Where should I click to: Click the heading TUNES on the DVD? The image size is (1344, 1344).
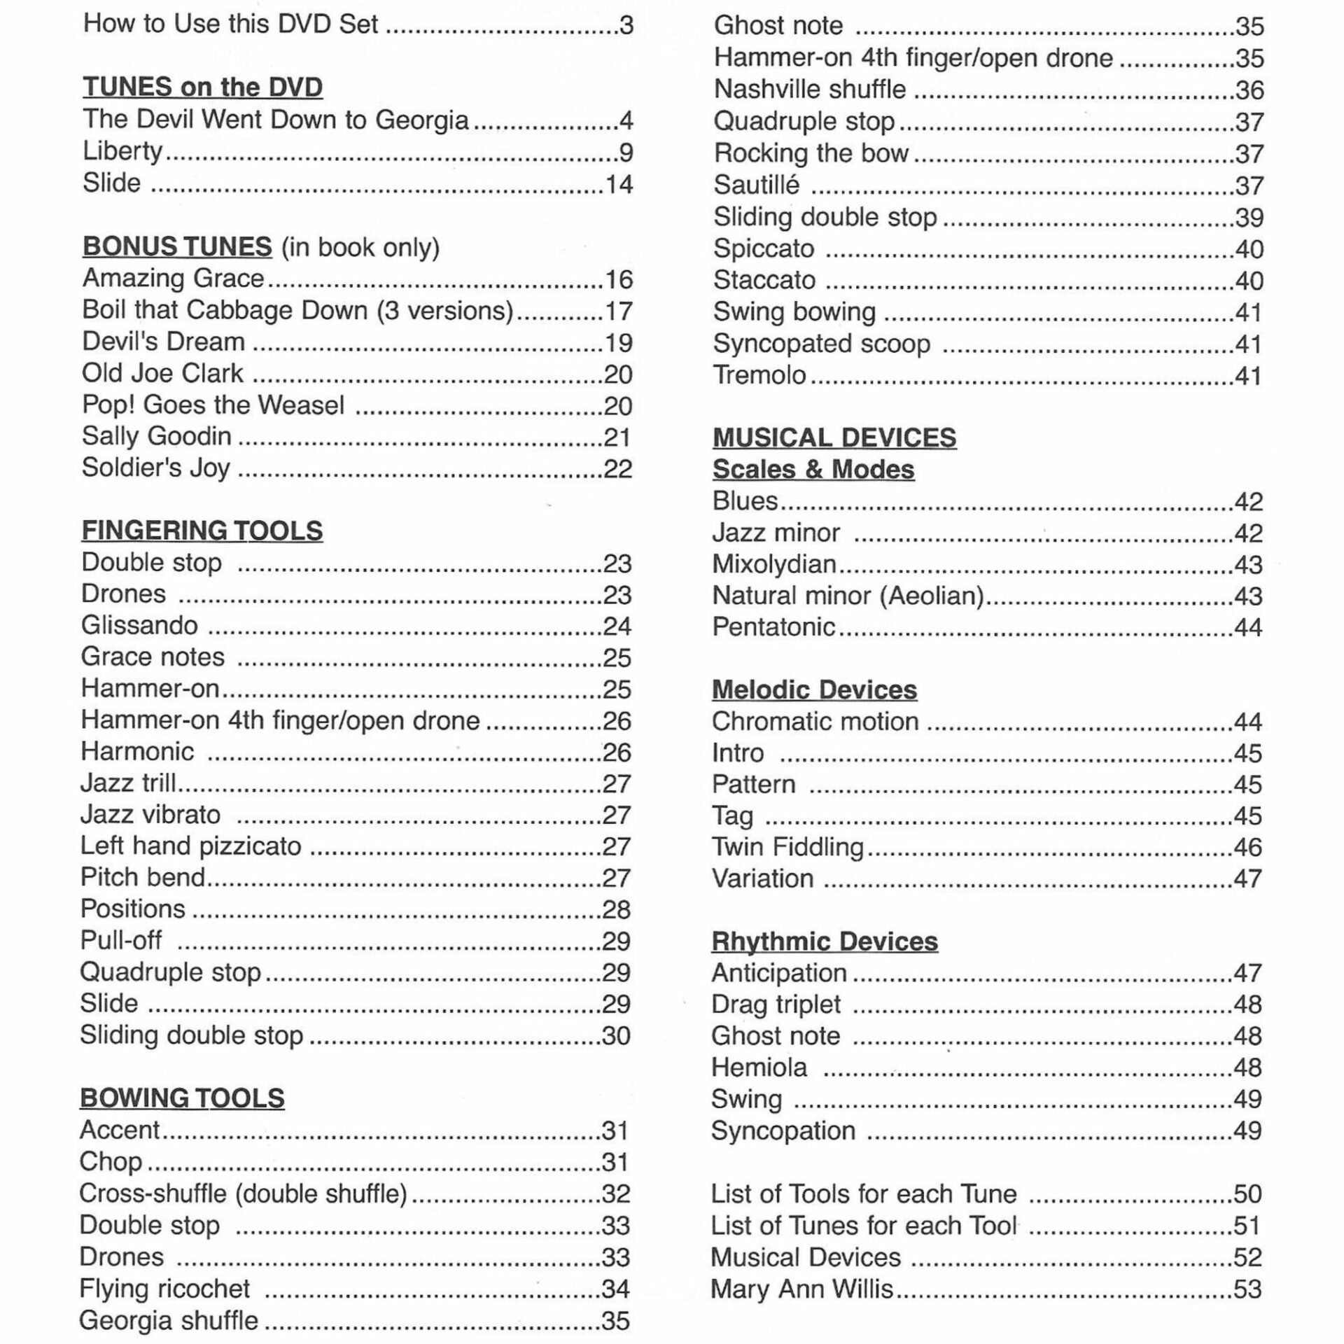click(202, 87)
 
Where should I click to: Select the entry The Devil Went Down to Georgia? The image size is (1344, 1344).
click(275, 120)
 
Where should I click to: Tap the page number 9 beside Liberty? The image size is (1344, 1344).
click(626, 152)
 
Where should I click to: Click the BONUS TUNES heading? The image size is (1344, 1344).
click(177, 246)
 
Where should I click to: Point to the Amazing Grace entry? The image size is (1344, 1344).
click(173, 279)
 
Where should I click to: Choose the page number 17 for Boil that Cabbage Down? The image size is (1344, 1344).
click(618, 311)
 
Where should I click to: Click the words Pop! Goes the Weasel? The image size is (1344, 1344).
click(213, 405)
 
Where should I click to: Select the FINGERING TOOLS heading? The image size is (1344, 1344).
click(202, 531)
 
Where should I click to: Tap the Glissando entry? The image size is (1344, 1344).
click(139, 625)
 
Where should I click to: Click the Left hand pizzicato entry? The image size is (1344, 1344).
click(190, 846)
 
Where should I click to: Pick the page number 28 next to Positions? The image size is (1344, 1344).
click(616, 909)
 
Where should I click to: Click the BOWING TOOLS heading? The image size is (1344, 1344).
click(182, 1098)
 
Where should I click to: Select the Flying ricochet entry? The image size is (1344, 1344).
click(164, 1288)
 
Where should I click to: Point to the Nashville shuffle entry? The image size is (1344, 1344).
click(809, 90)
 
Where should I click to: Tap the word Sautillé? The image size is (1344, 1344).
click(756, 185)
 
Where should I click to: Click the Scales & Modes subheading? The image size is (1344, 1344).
click(813, 469)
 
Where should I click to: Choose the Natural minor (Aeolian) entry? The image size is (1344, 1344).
click(848, 596)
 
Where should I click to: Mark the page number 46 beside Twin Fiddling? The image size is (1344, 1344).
click(1247, 847)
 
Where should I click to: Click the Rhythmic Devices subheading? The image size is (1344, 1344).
click(825, 941)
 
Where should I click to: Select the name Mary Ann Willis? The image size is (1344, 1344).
click(802, 1289)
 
